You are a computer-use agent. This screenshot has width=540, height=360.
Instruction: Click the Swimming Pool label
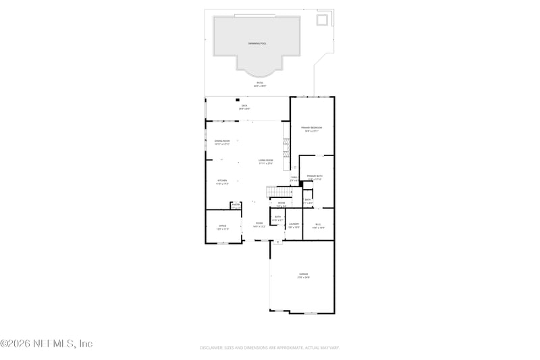tap(257, 43)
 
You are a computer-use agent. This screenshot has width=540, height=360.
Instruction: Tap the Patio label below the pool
tap(260, 84)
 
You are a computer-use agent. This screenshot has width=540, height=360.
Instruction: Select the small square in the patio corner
tap(323, 20)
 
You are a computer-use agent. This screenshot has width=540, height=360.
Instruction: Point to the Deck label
tap(244, 106)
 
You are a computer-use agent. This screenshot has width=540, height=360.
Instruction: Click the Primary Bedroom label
tap(312, 128)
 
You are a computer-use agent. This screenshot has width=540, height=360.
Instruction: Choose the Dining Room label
tap(222, 141)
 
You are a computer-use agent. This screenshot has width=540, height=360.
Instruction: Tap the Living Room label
tap(265, 161)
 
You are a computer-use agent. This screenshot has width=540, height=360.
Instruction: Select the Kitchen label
tap(222, 181)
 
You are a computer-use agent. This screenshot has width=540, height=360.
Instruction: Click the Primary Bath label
tap(315, 176)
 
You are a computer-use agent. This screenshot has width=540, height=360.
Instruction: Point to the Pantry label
tap(236, 206)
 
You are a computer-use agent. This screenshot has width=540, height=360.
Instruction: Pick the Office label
tap(222, 226)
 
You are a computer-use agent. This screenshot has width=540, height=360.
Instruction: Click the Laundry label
tap(294, 224)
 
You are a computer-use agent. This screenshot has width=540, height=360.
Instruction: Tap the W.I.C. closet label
tap(318, 224)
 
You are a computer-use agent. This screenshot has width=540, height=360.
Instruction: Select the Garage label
tap(303, 274)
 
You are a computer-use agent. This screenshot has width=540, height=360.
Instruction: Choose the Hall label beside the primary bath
tap(294, 178)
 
